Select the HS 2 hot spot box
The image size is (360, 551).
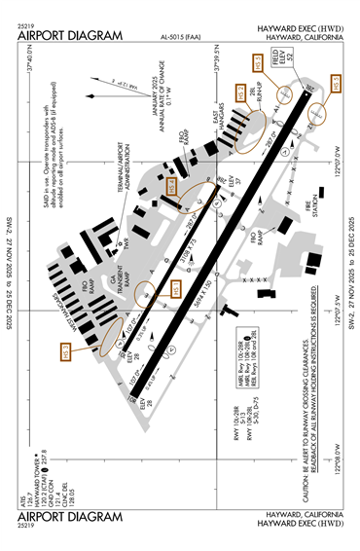coord(240,94)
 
